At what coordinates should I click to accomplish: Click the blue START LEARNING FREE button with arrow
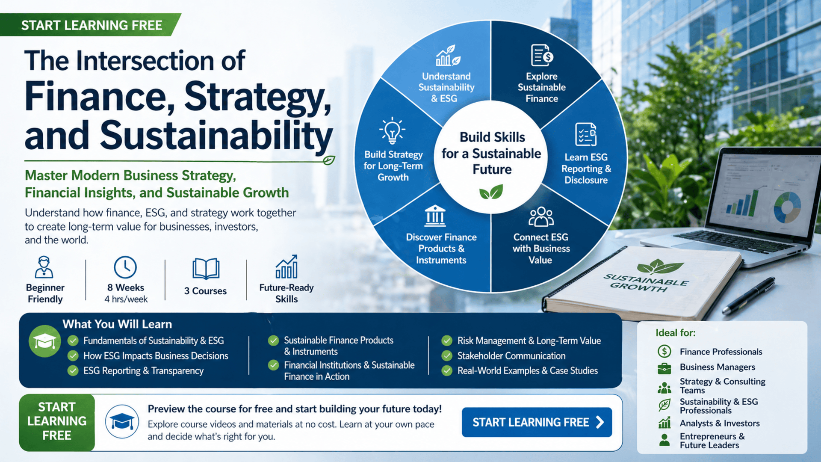pos(537,422)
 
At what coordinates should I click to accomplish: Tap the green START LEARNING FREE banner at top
pos(91,25)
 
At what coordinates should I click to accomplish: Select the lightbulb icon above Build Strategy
pos(392,130)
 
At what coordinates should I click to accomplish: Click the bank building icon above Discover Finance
pos(435,216)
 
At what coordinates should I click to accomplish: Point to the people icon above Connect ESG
pos(541,217)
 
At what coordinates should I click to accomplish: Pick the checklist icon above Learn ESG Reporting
pos(586,135)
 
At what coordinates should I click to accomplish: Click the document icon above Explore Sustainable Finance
pos(542,55)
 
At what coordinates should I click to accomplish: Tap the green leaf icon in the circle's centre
pos(491,192)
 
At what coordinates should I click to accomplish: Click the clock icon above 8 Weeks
pos(125,267)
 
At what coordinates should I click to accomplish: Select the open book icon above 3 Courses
pos(206,269)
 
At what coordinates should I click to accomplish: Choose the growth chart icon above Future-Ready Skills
pos(286,267)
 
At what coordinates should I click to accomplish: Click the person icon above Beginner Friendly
pos(44,267)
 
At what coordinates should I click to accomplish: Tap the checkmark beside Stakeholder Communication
pos(447,356)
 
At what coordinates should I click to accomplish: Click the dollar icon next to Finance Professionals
pos(664,352)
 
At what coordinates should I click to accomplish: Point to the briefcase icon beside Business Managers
pos(664,367)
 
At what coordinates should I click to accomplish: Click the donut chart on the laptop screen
pos(787,207)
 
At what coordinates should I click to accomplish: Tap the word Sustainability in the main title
pos(216,136)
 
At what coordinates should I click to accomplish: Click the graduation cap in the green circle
pos(45,341)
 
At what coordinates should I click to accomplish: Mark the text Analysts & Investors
pos(720,423)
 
